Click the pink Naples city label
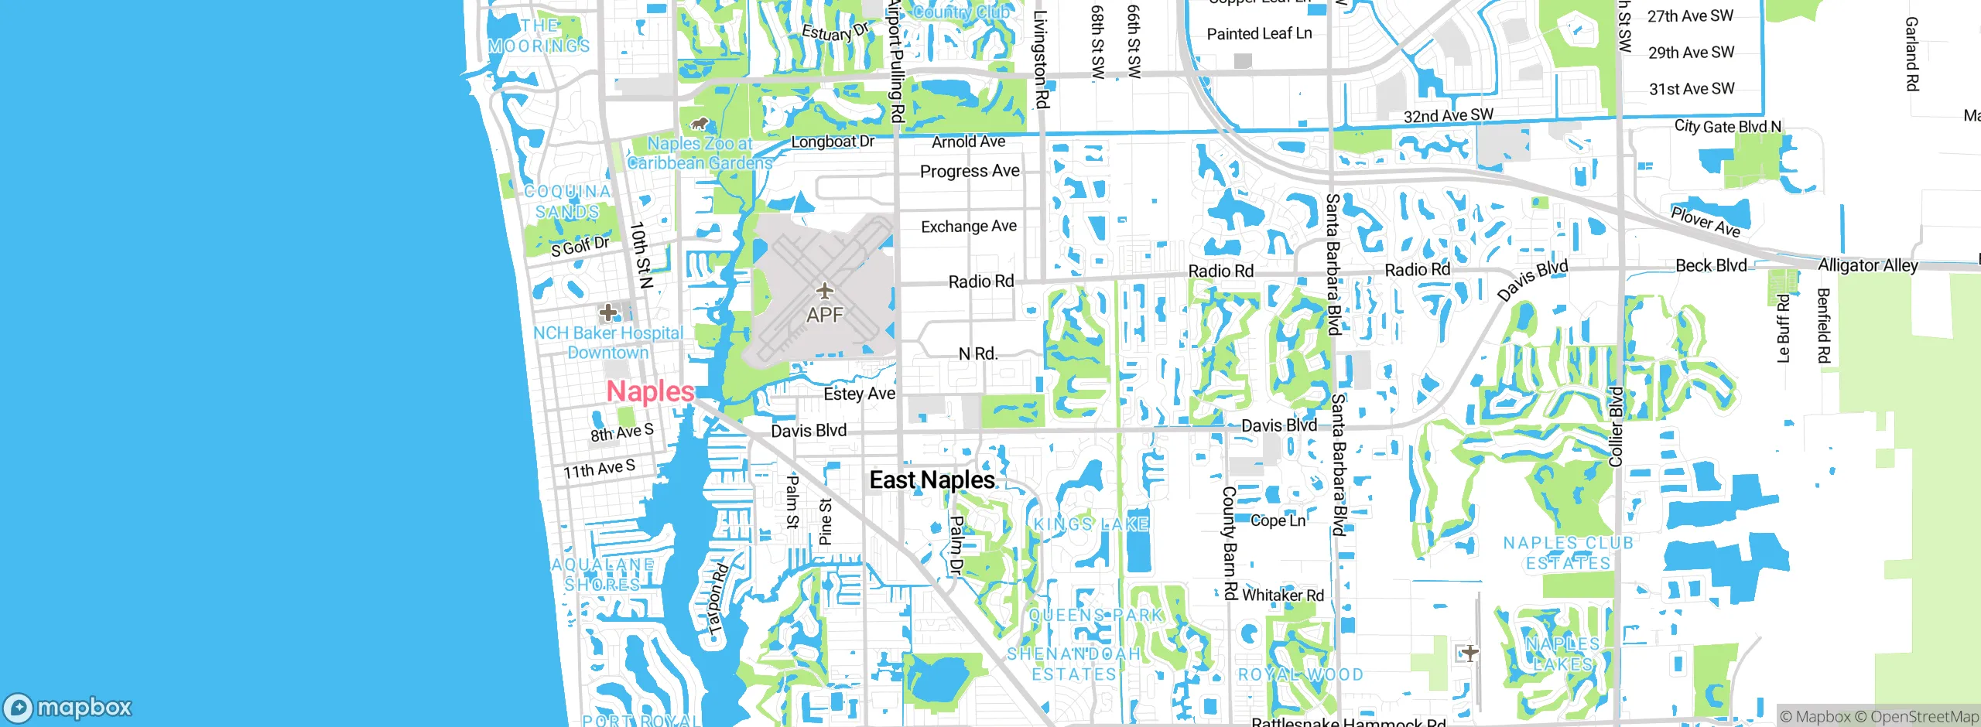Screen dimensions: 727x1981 [650, 391]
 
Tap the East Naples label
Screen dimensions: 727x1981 [932, 480]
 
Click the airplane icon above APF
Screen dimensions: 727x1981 [825, 292]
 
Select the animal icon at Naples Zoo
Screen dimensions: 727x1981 [700, 124]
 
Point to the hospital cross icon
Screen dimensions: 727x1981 [608, 312]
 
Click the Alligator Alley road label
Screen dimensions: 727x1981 [1867, 265]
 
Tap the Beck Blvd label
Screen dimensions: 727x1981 [1711, 265]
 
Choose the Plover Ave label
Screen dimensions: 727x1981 [1706, 221]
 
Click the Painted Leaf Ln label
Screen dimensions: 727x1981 [1259, 33]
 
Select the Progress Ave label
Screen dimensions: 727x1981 [970, 171]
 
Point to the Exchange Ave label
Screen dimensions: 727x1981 [969, 227]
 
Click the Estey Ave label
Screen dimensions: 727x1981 [859, 394]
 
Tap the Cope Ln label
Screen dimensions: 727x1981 [1278, 521]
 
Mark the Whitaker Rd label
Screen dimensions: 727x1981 [1283, 595]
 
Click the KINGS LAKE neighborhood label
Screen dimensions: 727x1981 [1091, 524]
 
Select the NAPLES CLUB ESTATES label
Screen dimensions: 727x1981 [1568, 553]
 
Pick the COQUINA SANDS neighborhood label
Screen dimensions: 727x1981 [567, 201]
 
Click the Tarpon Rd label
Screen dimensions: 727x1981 [718, 600]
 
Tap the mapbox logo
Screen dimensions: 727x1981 [68, 707]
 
